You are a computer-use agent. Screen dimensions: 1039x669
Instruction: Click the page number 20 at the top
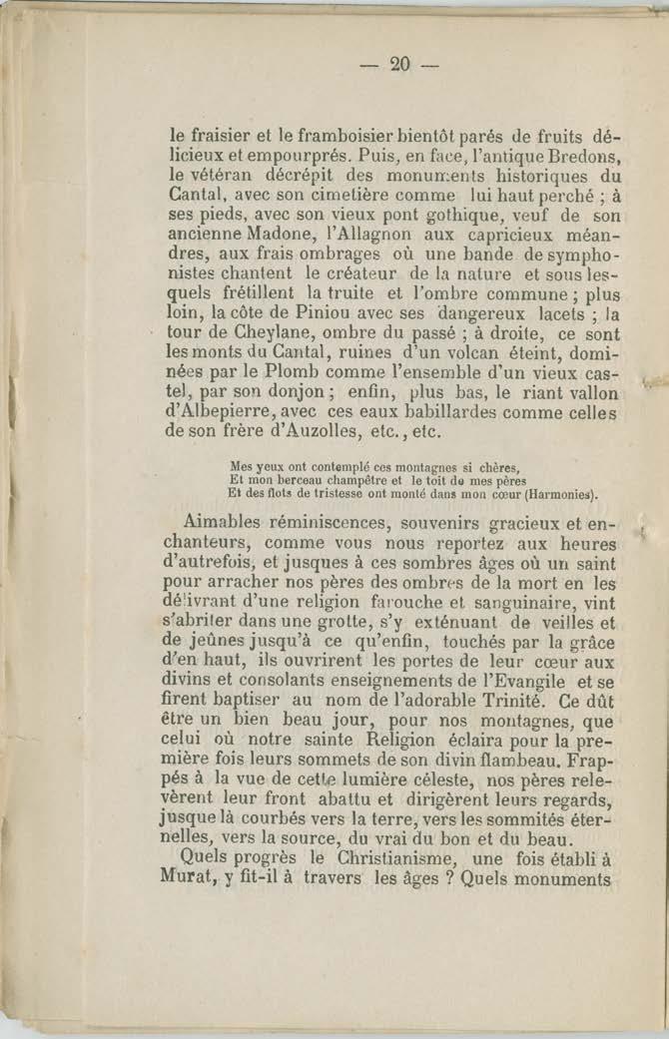point(400,65)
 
